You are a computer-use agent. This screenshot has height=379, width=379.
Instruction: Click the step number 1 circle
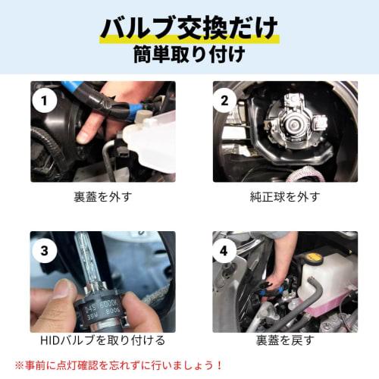pos(45,101)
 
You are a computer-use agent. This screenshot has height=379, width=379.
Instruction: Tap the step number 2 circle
pos(224,101)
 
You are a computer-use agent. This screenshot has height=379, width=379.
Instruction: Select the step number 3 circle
pos(45,251)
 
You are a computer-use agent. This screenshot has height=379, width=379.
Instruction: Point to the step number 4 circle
pos(224,251)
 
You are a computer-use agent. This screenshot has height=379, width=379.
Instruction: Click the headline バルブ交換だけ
pos(189,27)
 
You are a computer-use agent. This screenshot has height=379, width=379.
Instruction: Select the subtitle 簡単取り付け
pos(189,54)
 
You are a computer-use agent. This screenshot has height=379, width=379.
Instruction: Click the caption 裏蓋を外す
pos(103,197)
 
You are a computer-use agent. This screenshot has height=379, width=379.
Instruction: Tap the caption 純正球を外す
pos(285,197)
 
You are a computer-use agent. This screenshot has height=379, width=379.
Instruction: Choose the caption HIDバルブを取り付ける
pos(102,340)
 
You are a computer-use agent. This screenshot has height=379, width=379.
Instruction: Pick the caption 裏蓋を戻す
pos(285,340)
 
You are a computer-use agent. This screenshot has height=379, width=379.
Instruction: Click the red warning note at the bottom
pos(118,365)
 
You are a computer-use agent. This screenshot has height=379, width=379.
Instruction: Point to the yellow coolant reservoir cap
pos(314,258)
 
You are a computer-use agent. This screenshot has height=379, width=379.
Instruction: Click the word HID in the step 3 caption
pos(49,340)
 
